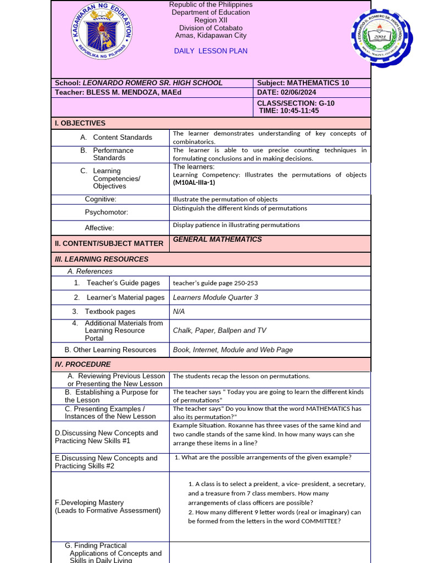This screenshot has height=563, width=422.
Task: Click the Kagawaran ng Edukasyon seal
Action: pyautogui.click(x=102, y=33)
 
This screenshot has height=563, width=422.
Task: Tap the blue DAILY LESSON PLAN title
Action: pyautogui.click(x=210, y=51)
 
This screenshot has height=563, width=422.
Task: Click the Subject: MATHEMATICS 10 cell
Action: pyautogui.click(x=303, y=83)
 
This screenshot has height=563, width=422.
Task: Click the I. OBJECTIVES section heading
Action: pyautogui.click(x=80, y=123)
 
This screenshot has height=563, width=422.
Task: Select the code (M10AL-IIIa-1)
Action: pyautogui.click(x=194, y=183)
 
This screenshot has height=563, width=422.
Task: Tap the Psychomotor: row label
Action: pyautogui.click(x=107, y=212)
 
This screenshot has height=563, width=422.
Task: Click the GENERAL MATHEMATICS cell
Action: pyautogui.click(x=217, y=239)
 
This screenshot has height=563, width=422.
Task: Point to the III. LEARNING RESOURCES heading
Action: pyautogui.click(x=102, y=259)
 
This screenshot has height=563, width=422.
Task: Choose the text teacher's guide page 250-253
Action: pyautogui.click(x=215, y=283)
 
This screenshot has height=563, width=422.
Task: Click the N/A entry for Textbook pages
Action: pyautogui.click(x=179, y=312)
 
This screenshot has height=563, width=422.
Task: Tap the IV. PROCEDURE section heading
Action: pyautogui.click(x=82, y=364)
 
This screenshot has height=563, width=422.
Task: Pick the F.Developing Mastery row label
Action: pyautogui.click(x=89, y=503)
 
